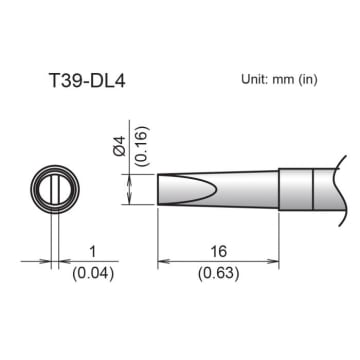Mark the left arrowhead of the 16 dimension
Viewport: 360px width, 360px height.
click(163, 263)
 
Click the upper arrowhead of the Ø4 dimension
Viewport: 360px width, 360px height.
click(131, 171)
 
